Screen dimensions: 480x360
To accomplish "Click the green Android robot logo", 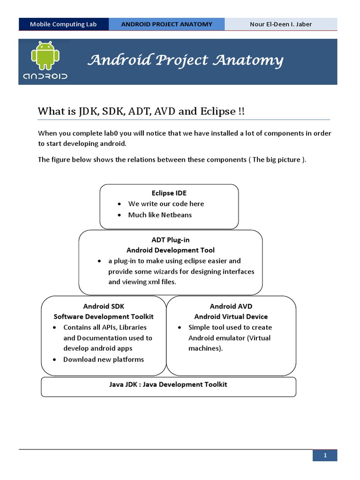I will tap(45, 54).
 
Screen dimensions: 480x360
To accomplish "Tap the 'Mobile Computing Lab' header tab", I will tap(63, 24).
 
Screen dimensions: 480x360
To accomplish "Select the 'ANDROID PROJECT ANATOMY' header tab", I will tap(166, 24).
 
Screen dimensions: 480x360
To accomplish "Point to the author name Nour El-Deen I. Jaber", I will tap(280, 24).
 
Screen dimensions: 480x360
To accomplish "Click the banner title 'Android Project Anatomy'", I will tap(186, 60).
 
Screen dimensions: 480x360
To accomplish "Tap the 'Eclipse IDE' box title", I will tap(169, 193).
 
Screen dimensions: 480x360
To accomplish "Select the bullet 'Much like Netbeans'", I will tap(160, 215).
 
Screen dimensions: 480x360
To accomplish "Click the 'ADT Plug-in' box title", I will tap(171, 240).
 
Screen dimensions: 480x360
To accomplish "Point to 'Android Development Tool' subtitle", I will tap(171, 250).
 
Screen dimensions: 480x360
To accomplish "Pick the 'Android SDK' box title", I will tap(104, 306).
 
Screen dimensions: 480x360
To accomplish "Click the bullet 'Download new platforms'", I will tap(104, 360).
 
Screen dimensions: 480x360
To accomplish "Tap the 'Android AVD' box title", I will tap(231, 306).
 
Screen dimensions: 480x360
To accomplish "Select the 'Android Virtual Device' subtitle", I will tap(231, 316).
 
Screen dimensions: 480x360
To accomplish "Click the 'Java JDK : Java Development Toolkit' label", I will tap(168, 384).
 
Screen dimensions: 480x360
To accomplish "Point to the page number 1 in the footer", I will tap(325, 455).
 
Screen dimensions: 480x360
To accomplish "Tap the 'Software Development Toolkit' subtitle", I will tap(104, 316).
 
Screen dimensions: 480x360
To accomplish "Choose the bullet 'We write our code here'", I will tap(166, 204).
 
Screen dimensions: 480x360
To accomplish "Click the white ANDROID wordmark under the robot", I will tap(45, 75).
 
